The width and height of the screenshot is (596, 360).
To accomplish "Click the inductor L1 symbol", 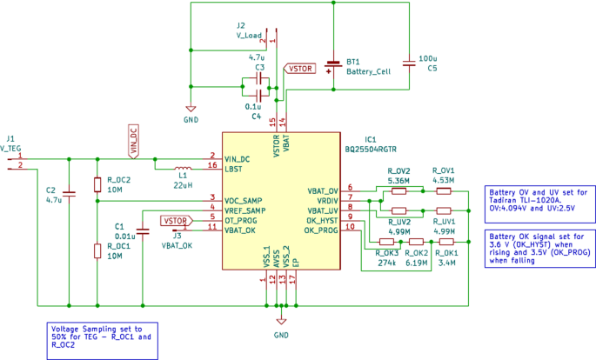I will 183,168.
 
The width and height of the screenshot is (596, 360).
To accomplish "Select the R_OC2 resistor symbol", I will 97,184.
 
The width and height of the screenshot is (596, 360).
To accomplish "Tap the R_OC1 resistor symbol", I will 97,251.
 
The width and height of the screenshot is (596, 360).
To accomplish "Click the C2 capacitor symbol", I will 69,196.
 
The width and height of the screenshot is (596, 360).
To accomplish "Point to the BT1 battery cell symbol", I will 331,67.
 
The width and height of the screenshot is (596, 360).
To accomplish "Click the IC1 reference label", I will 370,139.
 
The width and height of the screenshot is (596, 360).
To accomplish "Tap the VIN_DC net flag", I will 133,141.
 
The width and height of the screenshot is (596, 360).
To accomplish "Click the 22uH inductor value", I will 183,185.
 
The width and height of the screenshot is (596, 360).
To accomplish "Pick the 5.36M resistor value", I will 398,181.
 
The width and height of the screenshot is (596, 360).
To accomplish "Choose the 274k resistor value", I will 387,262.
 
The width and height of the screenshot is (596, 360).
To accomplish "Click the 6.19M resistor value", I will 416,262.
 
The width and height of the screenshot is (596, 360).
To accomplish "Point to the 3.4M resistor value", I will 447,262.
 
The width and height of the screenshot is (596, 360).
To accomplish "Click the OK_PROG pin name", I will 321,230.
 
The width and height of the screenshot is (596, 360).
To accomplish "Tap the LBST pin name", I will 233,169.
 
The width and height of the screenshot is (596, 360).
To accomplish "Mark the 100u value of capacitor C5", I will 427,58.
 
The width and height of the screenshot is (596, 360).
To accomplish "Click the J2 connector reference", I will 241,25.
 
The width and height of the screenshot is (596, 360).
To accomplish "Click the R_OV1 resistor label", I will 444,170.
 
